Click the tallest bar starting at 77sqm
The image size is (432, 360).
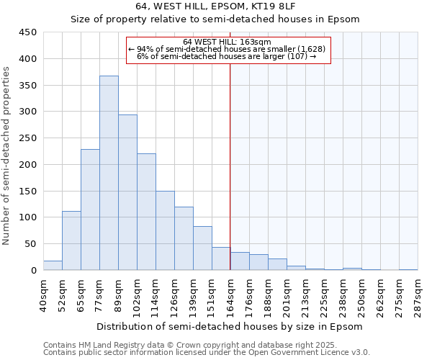[109, 173]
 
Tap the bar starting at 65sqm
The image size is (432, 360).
[90, 210]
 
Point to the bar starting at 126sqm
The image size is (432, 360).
[184, 238]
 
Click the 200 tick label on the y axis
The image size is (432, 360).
[28, 165]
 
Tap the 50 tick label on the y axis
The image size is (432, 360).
[31, 244]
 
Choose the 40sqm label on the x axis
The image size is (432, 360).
[43, 295]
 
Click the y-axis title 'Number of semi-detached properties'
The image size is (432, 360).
[7, 156]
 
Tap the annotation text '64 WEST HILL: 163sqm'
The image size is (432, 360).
[227, 42]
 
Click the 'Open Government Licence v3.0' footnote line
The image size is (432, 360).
[207, 353]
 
